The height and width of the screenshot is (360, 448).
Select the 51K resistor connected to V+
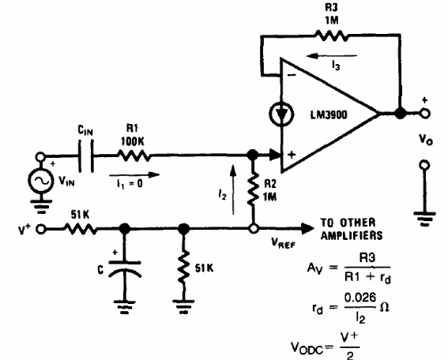click(x=81, y=230)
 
